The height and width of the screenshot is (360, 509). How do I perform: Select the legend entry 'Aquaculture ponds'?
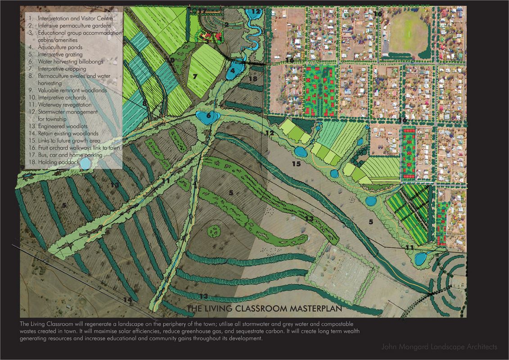click(x=59, y=47)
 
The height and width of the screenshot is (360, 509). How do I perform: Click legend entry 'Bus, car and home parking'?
click(x=70, y=155)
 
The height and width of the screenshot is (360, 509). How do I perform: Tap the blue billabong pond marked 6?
click(x=207, y=117)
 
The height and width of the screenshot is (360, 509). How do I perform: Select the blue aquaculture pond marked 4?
click(x=233, y=71)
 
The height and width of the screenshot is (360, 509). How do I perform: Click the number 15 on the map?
click(x=296, y=164)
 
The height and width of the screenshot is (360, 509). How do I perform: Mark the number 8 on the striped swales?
click(x=144, y=103)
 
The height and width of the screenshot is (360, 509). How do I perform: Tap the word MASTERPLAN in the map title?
click(x=308, y=309)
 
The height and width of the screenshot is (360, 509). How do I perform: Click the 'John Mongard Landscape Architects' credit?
click(x=439, y=347)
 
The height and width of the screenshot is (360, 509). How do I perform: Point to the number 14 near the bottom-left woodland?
click(x=129, y=299)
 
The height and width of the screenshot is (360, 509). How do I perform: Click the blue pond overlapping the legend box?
click(x=84, y=165)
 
